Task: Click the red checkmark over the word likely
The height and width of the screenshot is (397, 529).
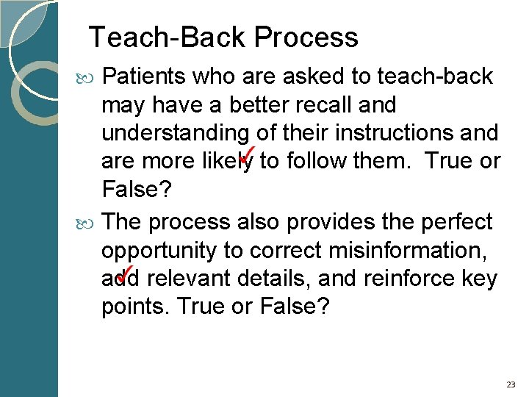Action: pos(245,154)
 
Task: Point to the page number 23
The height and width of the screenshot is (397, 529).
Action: pos(511,385)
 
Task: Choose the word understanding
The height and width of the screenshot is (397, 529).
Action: pos(173,134)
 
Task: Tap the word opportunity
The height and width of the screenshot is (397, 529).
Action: pos(159,251)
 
